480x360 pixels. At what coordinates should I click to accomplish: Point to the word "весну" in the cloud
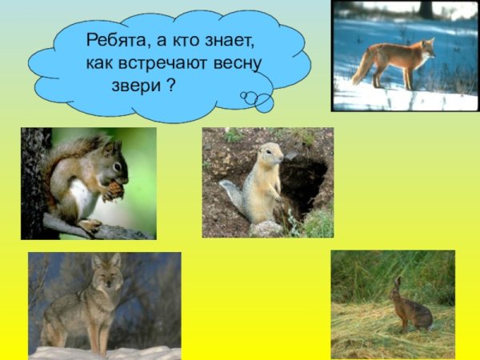(x=241, y=62)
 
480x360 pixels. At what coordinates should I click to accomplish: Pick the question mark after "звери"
(x=170, y=85)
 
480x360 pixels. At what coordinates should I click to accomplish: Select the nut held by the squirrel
(x=115, y=190)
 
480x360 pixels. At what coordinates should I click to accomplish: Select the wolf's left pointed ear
(x=95, y=261)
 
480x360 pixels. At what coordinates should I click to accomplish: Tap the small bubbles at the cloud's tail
(x=258, y=100)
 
